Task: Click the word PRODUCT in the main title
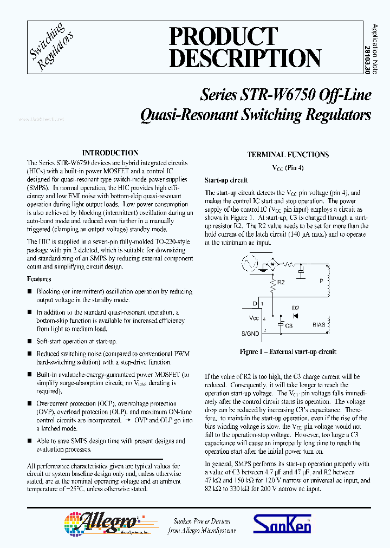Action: click(223, 36)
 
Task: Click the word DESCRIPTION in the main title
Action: click(244, 58)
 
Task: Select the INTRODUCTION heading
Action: click(110, 153)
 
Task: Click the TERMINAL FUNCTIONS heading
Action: click(288, 155)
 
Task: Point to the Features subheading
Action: click(39, 279)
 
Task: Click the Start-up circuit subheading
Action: click(226, 180)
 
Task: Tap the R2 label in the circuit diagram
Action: click(281, 282)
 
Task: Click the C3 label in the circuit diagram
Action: click(289, 325)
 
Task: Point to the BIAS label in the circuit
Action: click(319, 325)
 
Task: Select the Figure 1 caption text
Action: click(288, 352)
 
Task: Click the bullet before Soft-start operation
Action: click(30, 342)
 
